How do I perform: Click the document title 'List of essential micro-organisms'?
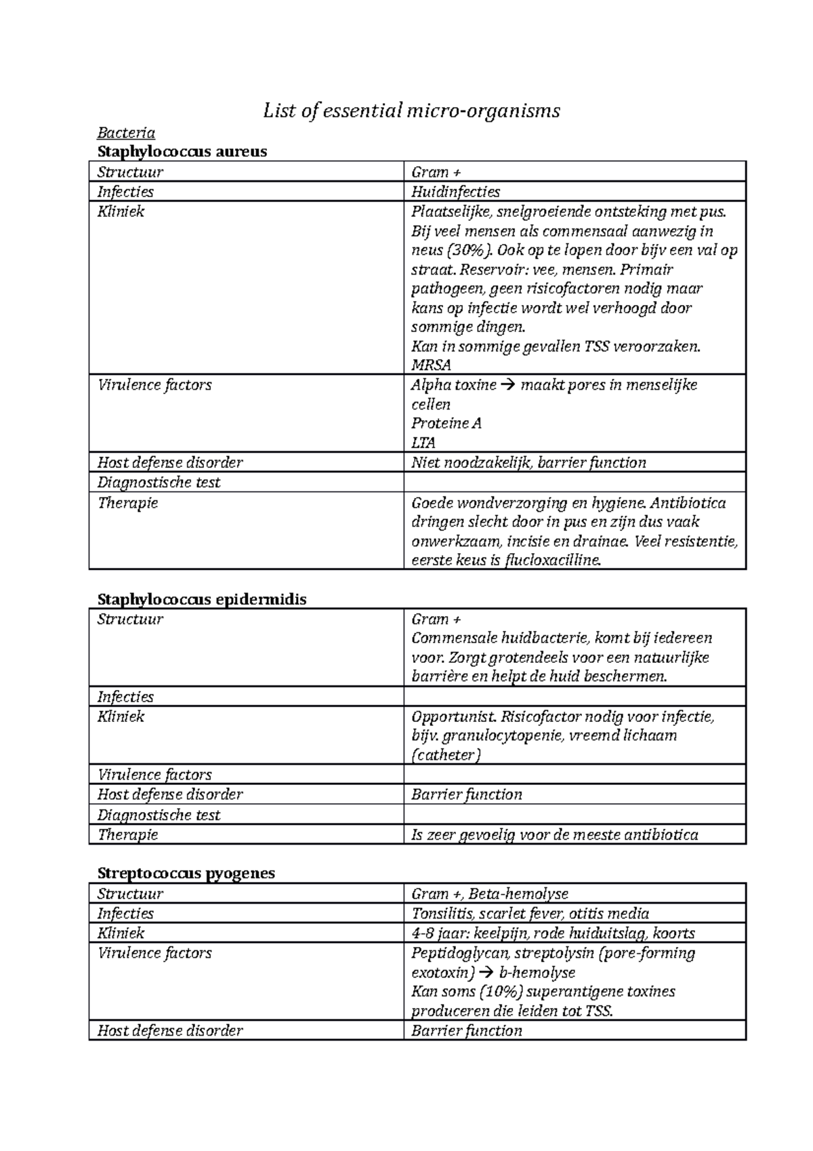411,110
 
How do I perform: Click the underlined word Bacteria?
126,132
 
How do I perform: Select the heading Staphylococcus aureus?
182,151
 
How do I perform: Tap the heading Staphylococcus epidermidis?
202,599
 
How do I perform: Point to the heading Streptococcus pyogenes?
186,872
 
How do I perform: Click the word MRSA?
431,365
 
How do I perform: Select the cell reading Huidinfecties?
455,192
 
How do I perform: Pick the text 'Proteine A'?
446,424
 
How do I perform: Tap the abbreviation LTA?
423,443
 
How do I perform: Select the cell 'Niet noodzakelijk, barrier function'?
528,463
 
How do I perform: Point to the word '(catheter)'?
446,755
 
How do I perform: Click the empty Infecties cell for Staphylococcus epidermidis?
575,697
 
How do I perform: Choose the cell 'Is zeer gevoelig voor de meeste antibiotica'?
554,834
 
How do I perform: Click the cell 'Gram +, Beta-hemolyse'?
490,894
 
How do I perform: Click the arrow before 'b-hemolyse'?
486,973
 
